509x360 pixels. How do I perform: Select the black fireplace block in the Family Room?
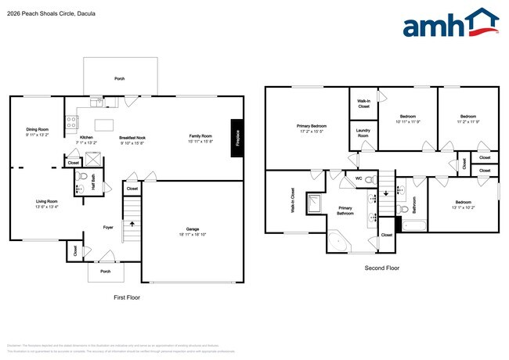[x=236, y=138]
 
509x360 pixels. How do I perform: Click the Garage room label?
[x=193, y=229]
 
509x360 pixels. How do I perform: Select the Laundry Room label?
[x=363, y=133]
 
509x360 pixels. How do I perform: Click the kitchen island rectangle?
[x=105, y=124]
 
